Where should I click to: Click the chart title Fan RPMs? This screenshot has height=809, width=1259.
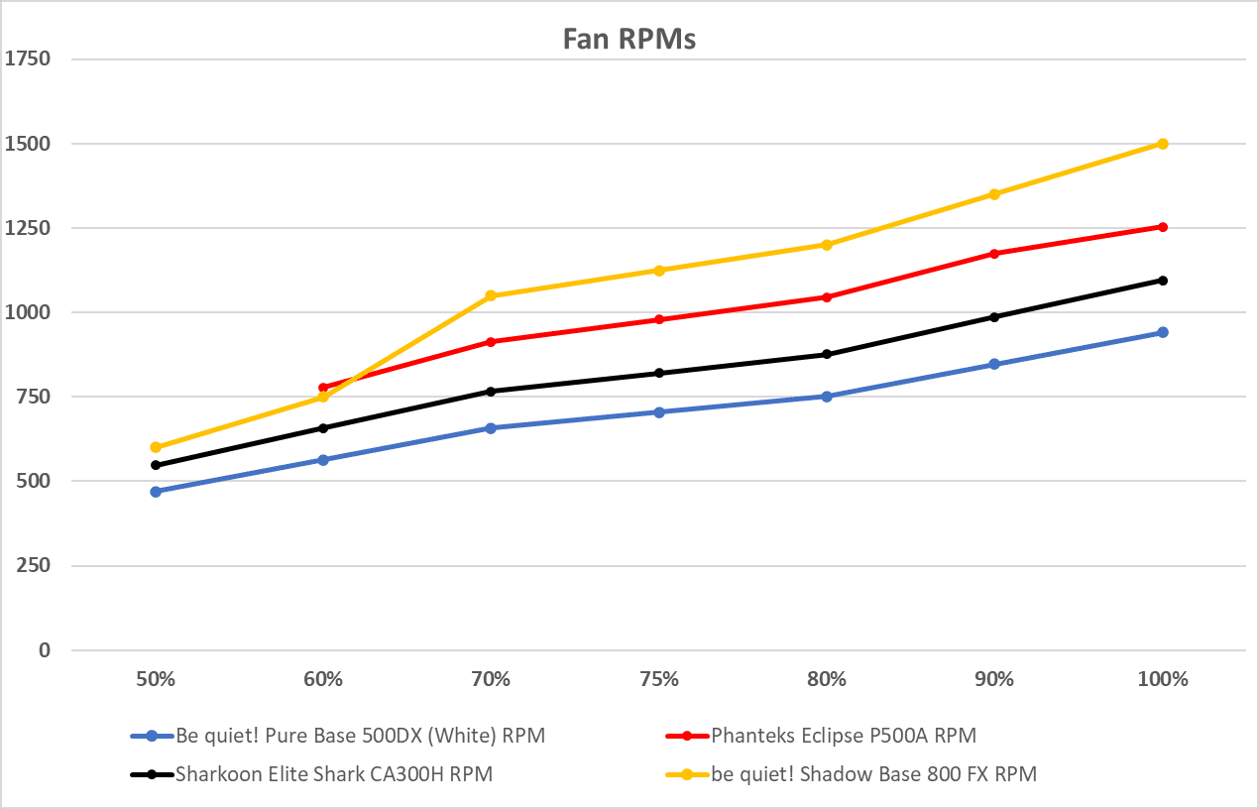coord(629,39)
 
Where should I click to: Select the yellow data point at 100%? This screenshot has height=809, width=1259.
coord(1163,144)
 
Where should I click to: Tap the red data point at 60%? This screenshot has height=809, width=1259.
coord(323,388)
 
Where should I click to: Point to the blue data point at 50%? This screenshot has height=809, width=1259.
coord(156,492)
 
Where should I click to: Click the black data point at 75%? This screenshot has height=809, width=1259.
coord(659,373)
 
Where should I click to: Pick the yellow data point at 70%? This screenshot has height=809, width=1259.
coord(491,295)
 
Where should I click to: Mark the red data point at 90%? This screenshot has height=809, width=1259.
coord(994,254)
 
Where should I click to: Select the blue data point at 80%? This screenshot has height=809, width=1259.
coord(827,397)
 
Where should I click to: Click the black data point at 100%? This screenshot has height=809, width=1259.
coord(1163,281)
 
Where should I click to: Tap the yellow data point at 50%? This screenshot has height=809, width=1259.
coord(156,447)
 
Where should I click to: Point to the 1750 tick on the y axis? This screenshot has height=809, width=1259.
coord(28,59)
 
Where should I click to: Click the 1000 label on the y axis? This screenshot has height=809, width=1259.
coord(28,312)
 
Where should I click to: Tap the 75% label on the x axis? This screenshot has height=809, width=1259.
coord(659,680)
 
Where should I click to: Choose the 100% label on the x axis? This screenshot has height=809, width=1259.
coord(1163,680)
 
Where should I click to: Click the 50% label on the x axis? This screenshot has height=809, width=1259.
coord(156,680)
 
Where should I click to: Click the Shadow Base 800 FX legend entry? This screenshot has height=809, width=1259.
coord(872,774)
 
